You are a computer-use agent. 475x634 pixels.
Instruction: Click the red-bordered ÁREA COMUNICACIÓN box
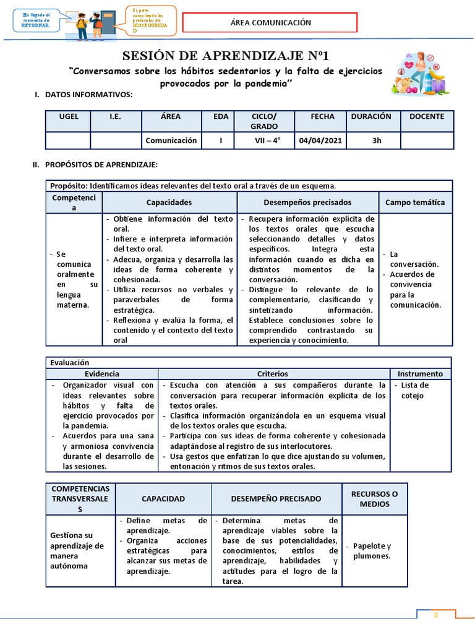pyautogui.click(x=270, y=23)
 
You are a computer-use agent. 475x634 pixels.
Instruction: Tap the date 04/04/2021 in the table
pyautogui.click(x=320, y=141)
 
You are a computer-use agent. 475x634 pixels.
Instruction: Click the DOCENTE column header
pyautogui.click(x=426, y=116)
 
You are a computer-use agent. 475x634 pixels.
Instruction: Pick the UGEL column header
pyautogui.click(x=69, y=116)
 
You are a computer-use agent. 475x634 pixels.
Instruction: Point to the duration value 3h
pyautogui.click(x=377, y=141)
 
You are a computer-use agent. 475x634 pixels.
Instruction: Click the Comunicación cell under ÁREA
pyautogui.click(x=171, y=141)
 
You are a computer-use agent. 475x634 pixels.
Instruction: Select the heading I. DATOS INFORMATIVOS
pyautogui.click(x=83, y=94)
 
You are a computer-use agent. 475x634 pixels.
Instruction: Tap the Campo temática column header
pyautogui.click(x=415, y=202)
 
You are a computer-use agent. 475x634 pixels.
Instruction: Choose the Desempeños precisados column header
pyautogui.click(x=307, y=202)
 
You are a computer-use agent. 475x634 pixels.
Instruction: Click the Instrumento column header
pyautogui.click(x=420, y=374)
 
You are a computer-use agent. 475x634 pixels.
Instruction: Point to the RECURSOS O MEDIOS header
pyautogui.click(x=375, y=498)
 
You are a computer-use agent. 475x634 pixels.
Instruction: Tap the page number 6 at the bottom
pyautogui.click(x=435, y=615)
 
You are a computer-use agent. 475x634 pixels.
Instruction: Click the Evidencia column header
pyautogui.click(x=102, y=374)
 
